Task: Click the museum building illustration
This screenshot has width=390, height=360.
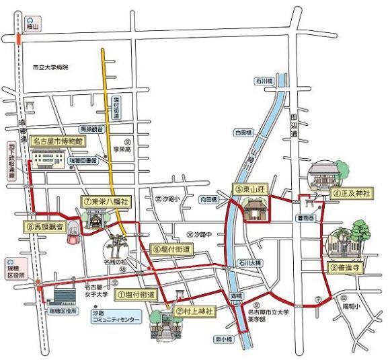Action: coord(49,159)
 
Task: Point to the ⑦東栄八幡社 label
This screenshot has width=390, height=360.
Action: coord(106,201)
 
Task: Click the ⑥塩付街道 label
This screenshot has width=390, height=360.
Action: coord(171,249)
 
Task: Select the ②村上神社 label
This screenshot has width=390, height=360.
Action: coord(194,311)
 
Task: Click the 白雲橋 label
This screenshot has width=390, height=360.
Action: coord(243,133)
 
